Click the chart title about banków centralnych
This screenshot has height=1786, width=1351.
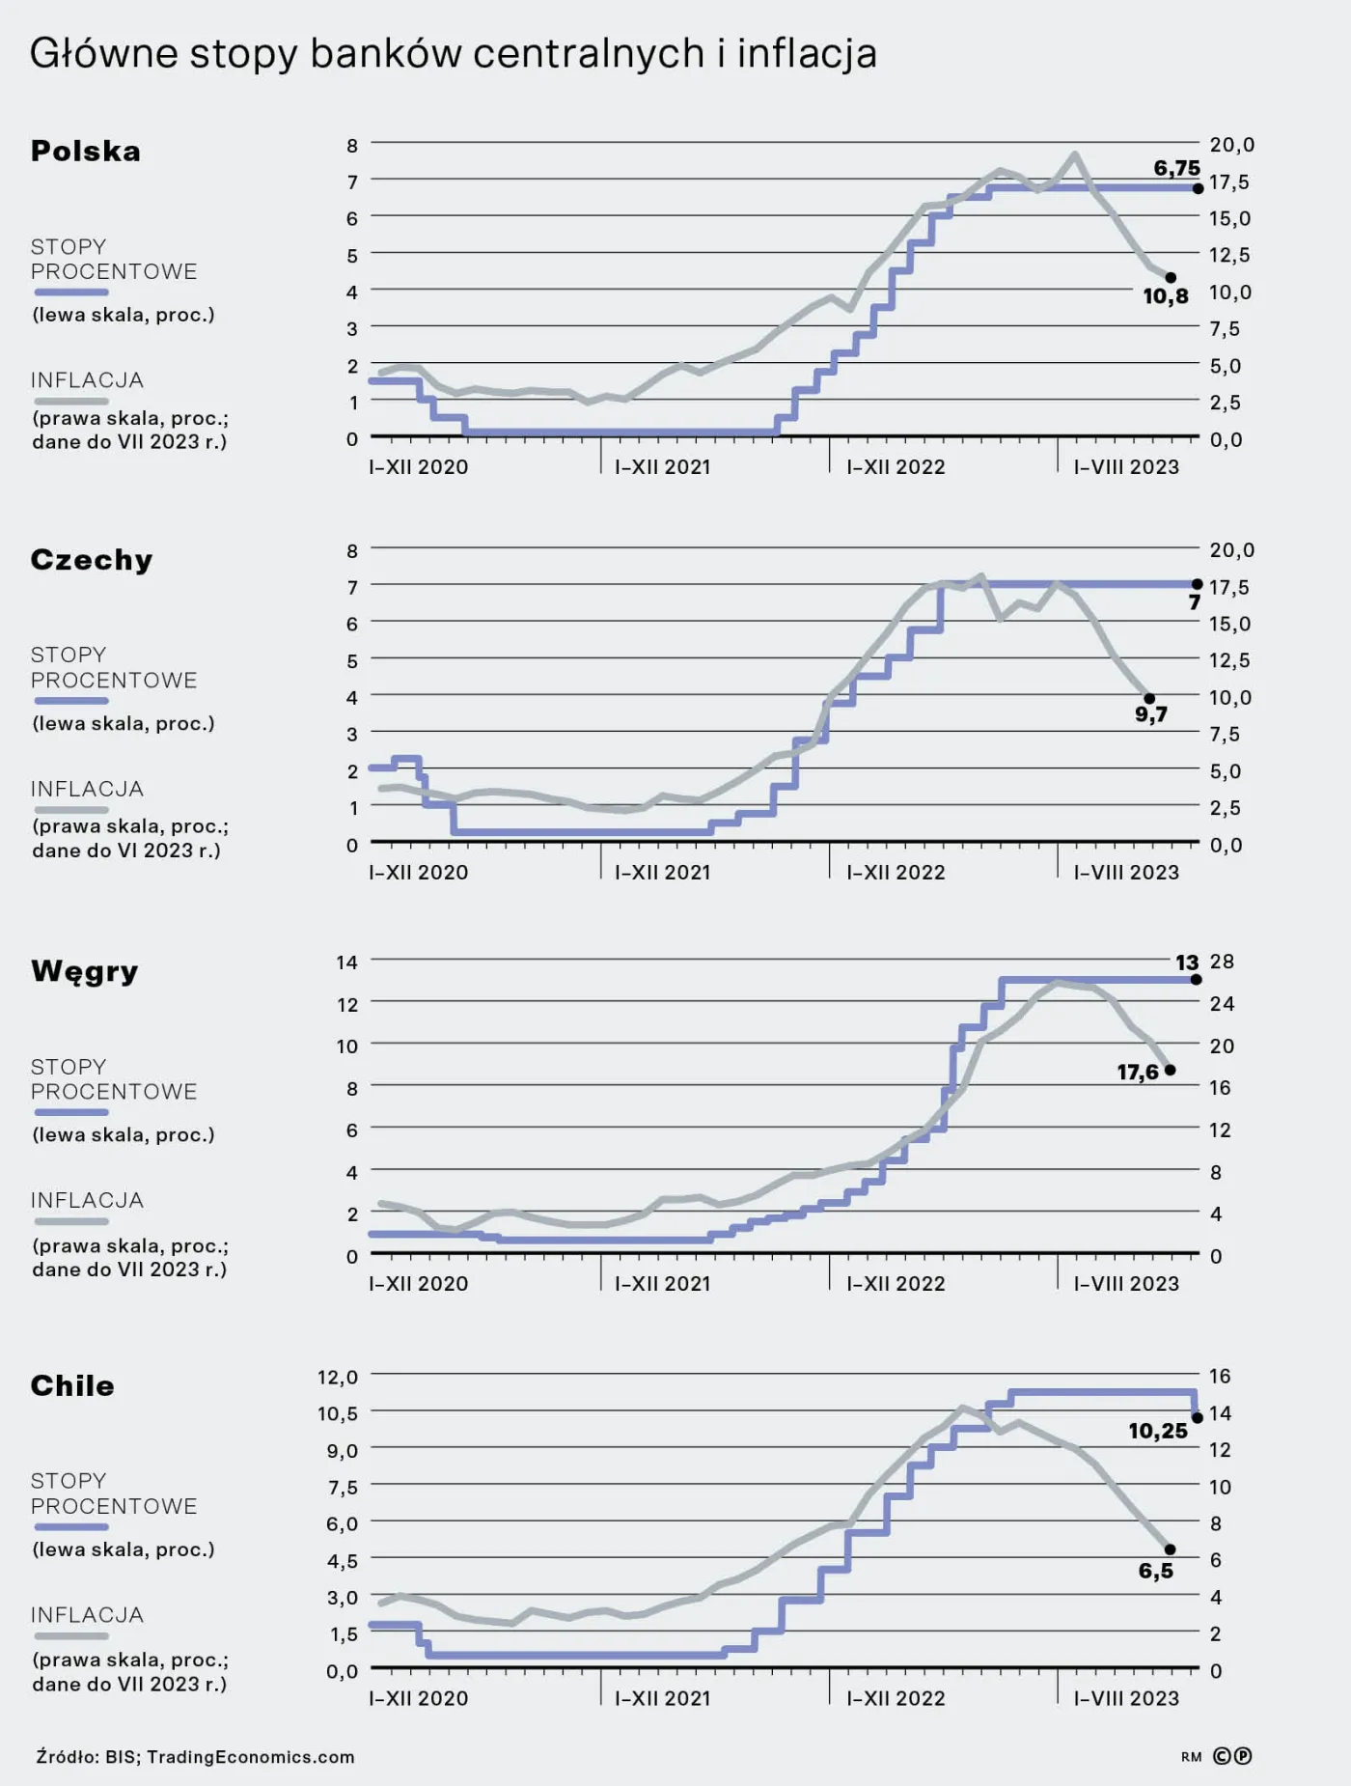pyautogui.click(x=453, y=54)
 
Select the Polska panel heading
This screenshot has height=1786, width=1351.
pyautogui.click(x=86, y=152)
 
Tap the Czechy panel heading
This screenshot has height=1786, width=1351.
pyautogui.click(x=92, y=560)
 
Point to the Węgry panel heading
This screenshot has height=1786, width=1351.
pyautogui.click(x=85, y=971)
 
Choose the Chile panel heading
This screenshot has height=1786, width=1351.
pyautogui.click(x=72, y=1386)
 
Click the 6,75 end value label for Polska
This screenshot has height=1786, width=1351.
pyautogui.click(x=1176, y=168)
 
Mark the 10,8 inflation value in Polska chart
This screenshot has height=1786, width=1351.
pyautogui.click(x=1166, y=296)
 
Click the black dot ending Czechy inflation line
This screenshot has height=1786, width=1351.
pyautogui.click(x=1149, y=699)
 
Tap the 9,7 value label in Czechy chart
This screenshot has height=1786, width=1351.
pyautogui.click(x=1150, y=714)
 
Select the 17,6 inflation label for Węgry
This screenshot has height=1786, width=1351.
pyautogui.click(x=1138, y=1073)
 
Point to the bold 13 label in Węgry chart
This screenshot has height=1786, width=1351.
pyautogui.click(x=1187, y=963)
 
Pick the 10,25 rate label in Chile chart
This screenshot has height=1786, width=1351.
pyautogui.click(x=1158, y=1431)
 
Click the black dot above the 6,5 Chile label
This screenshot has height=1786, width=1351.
pyautogui.click(x=1170, y=1549)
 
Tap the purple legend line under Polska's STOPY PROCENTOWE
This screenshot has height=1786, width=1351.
pyautogui.click(x=70, y=293)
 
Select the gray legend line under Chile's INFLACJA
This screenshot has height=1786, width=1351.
pyautogui.click(x=70, y=1636)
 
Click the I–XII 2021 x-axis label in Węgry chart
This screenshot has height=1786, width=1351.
pyautogui.click(x=663, y=1284)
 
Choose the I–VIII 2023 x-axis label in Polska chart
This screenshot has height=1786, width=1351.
pyautogui.click(x=1126, y=467)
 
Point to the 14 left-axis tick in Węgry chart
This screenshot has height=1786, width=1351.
pyautogui.click(x=346, y=962)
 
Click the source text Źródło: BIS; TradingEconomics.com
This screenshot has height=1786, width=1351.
pyautogui.click(x=195, y=1757)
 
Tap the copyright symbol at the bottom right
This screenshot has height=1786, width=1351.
pyautogui.click(x=1223, y=1756)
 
